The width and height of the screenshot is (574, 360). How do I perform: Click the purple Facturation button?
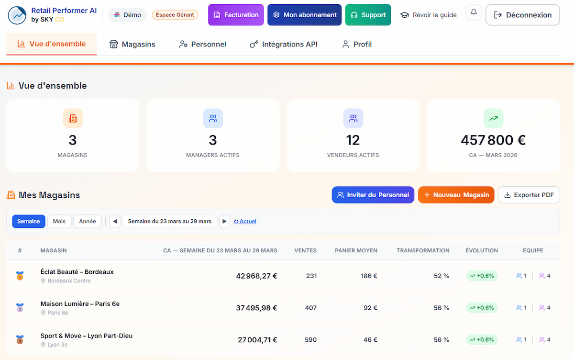click(x=236, y=15)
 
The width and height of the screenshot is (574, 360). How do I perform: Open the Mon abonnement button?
click(x=304, y=15)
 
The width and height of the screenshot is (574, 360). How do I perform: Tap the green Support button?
click(x=368, y=15)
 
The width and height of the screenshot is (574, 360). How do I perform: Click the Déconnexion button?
click(x=522, y=15)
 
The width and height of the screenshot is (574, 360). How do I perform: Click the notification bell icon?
click(x=474, y=12)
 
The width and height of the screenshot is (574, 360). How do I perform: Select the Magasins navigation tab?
click(x=132, y=44)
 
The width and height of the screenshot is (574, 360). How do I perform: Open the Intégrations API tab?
click(x=284, y=44)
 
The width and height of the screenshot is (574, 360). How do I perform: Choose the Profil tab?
click(x=357, y=44)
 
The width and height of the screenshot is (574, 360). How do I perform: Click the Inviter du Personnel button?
click(x=373, y=195)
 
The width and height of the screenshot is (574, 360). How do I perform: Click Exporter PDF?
click(x=529, y=195)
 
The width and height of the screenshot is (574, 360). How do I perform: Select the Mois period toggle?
click(x=59, y=221)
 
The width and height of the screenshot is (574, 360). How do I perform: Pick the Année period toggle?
click(x=88, y=221)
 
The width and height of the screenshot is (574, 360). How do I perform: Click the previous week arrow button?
click(x=115, y=221)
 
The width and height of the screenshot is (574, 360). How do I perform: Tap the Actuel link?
click(x=245, y=221)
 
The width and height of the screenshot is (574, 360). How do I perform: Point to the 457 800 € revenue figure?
click(x=493, y=140)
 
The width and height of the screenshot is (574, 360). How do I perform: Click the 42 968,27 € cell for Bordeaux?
click(x=256, y=276)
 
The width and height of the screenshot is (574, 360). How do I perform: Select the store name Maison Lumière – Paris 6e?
click(x=80, y=304)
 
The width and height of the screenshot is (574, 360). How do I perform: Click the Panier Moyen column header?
click(x=356, y=250)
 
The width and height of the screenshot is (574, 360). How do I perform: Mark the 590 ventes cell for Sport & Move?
click(x=310, y=340)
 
